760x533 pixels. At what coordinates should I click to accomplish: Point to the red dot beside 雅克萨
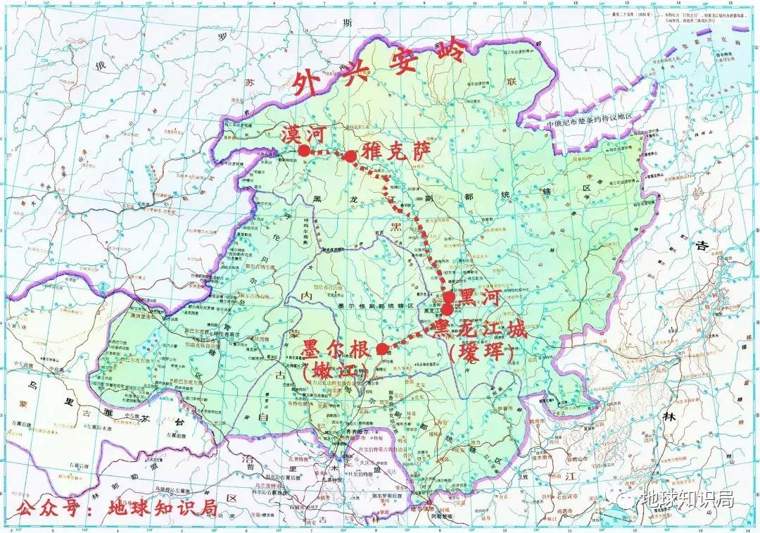click(350, 156)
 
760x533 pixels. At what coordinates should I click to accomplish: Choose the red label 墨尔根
click(334, 349)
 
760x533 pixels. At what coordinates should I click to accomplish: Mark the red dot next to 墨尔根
click(381, 349)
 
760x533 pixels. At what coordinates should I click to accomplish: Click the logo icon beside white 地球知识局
click(628, 500)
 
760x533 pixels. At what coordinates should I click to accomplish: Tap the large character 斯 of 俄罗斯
click(346, 24)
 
